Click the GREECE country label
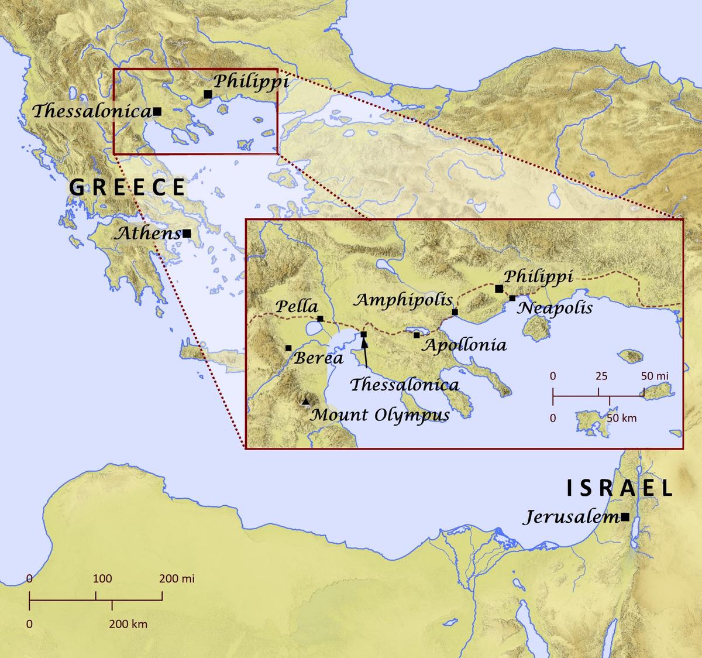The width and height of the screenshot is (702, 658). [128, 187]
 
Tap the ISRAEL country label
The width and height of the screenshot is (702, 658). [620, 488]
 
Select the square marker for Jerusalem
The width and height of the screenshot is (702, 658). [625, 517]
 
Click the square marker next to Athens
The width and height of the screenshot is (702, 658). [187, 233]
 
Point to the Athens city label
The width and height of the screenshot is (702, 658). [147, 234]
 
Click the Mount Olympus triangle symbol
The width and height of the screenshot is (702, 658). [305, 402]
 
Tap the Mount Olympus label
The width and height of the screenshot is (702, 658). [380, 415]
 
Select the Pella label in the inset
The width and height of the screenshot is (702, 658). [297, 306]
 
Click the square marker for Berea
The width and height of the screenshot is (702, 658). [288, 348]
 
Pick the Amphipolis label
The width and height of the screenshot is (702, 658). [403, 300]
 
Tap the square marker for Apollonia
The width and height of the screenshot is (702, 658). [417, 335]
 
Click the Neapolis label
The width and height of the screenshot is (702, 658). [555, 308]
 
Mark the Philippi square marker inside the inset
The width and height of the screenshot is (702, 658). [498, 289]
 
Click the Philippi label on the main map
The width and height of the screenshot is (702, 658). [251, 81]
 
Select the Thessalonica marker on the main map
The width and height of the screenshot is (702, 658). [157, 111]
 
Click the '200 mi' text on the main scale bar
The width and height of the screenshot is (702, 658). [177, 579]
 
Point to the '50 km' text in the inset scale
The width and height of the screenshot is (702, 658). [621, 418]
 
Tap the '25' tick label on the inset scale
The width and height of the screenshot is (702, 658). [602, 376]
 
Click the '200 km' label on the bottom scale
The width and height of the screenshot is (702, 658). [128, 624]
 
